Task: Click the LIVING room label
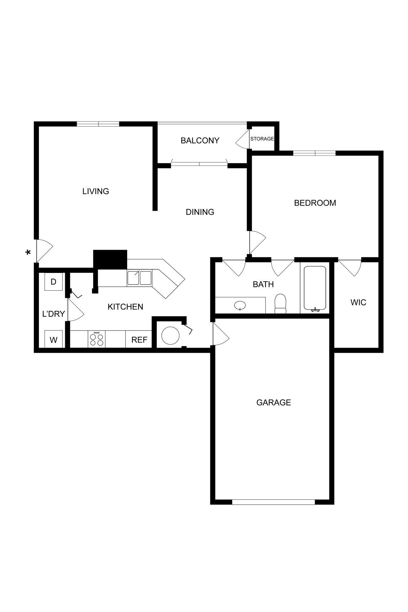[x=96, y=191]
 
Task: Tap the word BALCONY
[x=200, y=140]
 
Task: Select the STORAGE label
[x=262, y=139]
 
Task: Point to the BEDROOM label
[x=315, y=203]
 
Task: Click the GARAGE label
[x=274, y=402]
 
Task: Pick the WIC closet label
[x=358, y=302]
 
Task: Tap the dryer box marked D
[x=53, y=282]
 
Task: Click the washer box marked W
[x=53, y=340]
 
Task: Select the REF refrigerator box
[x=139, y=340]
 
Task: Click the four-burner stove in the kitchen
[x=97, y=339]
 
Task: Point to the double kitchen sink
[x=139, y=278]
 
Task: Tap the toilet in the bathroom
[x=280, y=304]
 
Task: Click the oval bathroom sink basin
[x=240, y=305]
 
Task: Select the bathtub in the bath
[x=315, y=288]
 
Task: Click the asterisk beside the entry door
[x=28, y=252]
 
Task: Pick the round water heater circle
[x=170, y=336]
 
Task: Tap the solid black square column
[x=110, y=259]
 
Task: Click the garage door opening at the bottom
[x=273, y=502]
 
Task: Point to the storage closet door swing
[x=243, y=140]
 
